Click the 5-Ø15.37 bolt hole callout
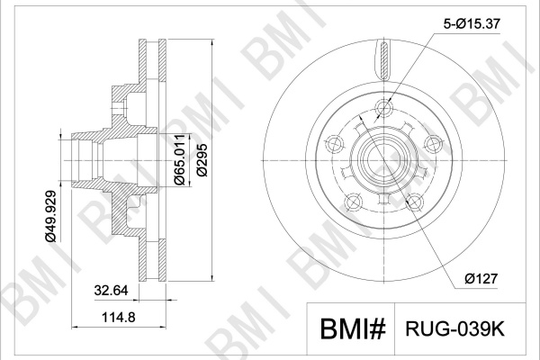(471, 23)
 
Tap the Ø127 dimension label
(481, 279)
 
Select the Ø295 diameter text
(202, 160)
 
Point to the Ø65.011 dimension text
(180, 159)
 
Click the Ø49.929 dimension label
(49, 216)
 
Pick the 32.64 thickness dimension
(111, 290)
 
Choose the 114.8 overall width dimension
(118, 317)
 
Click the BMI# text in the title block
(353, 329)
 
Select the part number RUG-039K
(454, 329)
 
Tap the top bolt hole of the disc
(383, 107)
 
